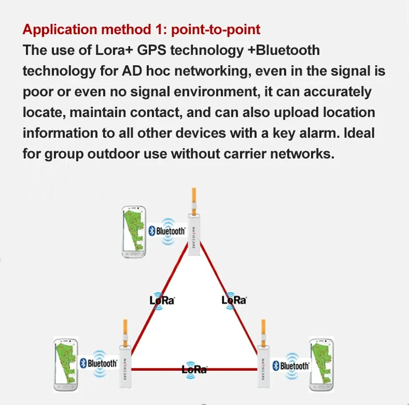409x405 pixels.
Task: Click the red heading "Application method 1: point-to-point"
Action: coord(141,29)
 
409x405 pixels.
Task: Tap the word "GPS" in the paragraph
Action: coord(162,50)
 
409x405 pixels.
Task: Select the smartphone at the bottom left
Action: coord(66,365)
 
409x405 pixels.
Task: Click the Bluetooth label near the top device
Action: coord(167,231)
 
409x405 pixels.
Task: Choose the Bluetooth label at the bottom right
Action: coord(291,366)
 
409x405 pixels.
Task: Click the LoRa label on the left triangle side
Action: coord(161,300)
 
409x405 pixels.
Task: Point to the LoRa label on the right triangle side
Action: coord(234,300)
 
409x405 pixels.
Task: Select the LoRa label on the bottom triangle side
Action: coord(194,369)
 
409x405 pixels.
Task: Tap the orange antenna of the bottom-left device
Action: coord(125,332)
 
